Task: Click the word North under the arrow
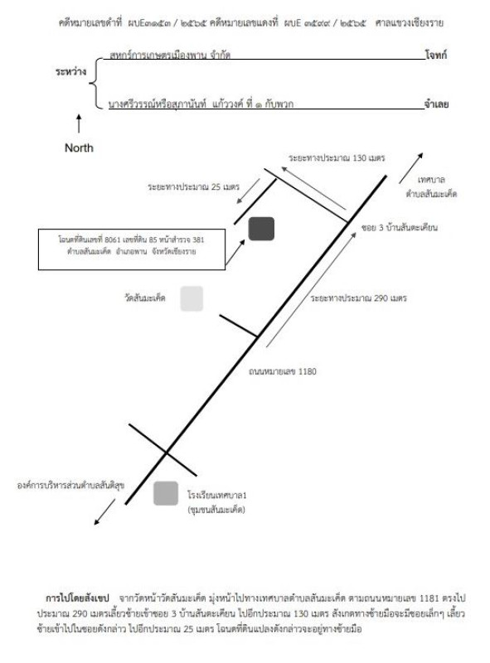[x=79, y=148]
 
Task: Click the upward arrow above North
[x=78, y=123]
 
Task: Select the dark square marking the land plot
[x=261, y=229]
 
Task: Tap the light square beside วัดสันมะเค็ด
[x=192, y=298]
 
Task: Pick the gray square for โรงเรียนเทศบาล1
[x=166, y=493]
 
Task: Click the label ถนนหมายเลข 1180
[x=282, y=371]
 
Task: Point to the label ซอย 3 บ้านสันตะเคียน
[x=399, y=227]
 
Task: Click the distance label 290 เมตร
[x=358, y=298]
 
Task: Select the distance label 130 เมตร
[x=337, y=158]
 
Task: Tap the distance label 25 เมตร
[x=193, y=186]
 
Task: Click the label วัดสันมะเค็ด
[x=145, y=298]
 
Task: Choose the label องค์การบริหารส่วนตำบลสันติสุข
[x=70, y=485]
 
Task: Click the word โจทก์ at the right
[x=436, y=55]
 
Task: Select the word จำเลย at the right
[x=436, y=104]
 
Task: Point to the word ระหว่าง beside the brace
[x=70, y=71]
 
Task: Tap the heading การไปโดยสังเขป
[x=77, y=598]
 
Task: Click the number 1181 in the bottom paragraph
[x=429, y=598]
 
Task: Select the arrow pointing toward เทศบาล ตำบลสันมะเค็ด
[x=411, y=168]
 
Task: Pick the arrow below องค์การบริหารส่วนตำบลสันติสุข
[x=104, y=512]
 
